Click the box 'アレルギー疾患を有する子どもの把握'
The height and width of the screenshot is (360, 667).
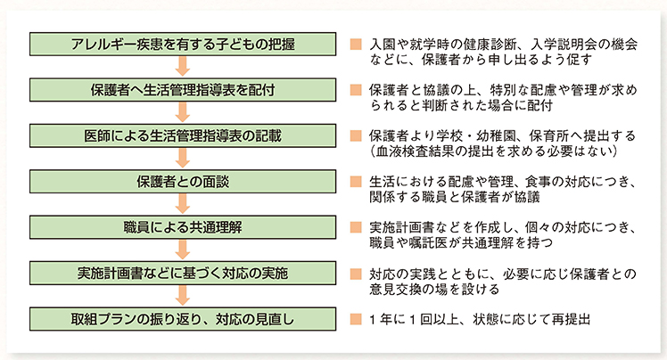click(183, 44)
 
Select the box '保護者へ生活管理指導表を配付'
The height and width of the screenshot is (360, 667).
click(183, 90)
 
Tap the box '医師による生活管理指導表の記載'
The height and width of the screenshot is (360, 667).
click(183, 135)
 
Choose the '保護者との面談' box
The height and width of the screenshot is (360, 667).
click(183, 182)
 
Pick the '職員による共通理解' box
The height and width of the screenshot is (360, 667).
click(183, 227)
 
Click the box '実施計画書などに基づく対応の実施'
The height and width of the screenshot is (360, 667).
click(183, 273)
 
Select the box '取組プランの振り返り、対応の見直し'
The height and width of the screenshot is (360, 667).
click(183, 319)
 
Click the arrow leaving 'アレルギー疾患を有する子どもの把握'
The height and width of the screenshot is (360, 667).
click(183, 67)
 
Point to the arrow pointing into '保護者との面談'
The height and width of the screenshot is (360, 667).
click(183, 159)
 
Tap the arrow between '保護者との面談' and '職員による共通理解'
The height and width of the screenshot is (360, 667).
click(183, 204)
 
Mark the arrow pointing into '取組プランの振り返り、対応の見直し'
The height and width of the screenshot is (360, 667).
click(183, 296)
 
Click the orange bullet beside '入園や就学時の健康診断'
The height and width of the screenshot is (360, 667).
click(356, 45)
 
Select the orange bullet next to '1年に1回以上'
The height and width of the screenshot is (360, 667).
click(356, 319)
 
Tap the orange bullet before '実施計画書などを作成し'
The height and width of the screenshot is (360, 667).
click(356, 227)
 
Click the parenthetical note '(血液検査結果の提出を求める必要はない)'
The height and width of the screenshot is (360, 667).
click(494, 151)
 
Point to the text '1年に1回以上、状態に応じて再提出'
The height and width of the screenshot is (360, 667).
click(481, 319)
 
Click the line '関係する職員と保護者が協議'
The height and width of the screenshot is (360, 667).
click(455, 197)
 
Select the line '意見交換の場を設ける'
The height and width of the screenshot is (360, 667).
click(434, 289)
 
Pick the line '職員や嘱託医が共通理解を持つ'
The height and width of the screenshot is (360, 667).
click(461, 242)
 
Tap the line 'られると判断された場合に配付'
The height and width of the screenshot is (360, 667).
click(461, 105)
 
